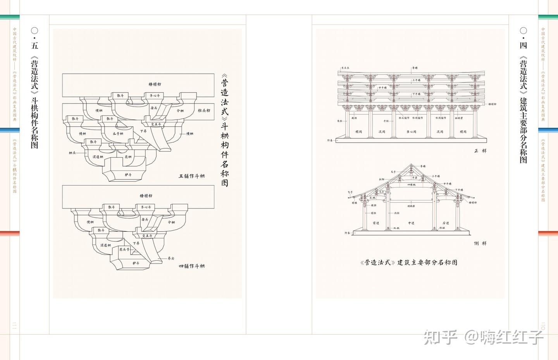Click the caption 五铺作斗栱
tap(191, 176)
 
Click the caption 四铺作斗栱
tap(191, 266)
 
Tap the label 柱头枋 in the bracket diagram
tap(204, 110)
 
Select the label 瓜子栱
tap(118, 134)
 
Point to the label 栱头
tap(72, 153)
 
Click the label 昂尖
tap(171, 258)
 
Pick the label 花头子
tap(124, 250)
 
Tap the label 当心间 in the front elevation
tap(411, 132)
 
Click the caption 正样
tap(480, 151)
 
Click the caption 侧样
tap(480, 243)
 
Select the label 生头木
tap(345, 68)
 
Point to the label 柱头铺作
tap(404, 118)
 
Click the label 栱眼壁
tap(459, 118)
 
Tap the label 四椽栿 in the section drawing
tap(412, 185)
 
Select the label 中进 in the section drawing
tap(411, 223)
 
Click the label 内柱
tap(396, 213)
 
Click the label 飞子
tap(350, 192)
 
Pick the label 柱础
tap(442, 228)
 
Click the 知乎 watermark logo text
tap(441, 337)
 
